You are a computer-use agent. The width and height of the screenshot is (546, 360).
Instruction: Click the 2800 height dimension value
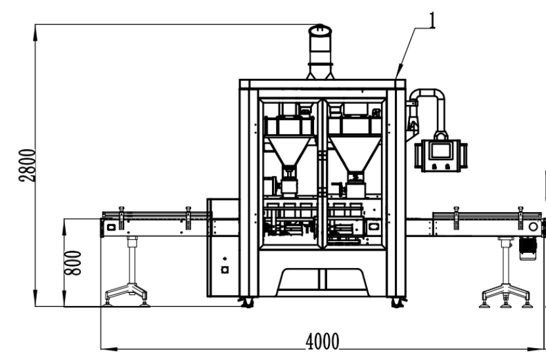pyautogui.click(x=27, y=166)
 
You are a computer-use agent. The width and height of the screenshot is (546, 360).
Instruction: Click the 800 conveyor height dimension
pyautogui.click(x=73, y=263)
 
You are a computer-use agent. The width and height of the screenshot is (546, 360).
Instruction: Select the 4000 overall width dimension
pyautogui.click(x=323, y=342)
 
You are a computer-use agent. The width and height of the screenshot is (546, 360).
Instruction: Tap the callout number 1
pyautogui.click(x=432, y=20)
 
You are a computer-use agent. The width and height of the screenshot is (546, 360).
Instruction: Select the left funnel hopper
pyautogui.click(x=290, y=150)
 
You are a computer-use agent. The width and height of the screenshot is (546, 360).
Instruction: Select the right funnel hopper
pyautogui.click(x=355, y=153)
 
